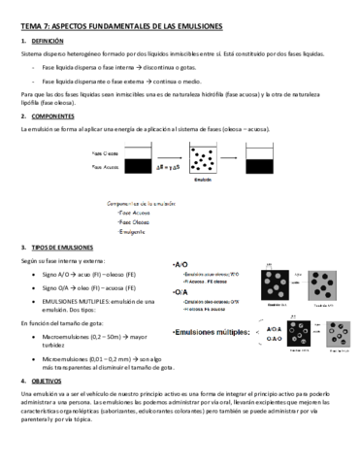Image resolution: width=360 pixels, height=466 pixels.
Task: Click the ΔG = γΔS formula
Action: pos(168,168)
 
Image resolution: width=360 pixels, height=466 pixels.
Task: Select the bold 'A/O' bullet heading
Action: pos(180,264)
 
